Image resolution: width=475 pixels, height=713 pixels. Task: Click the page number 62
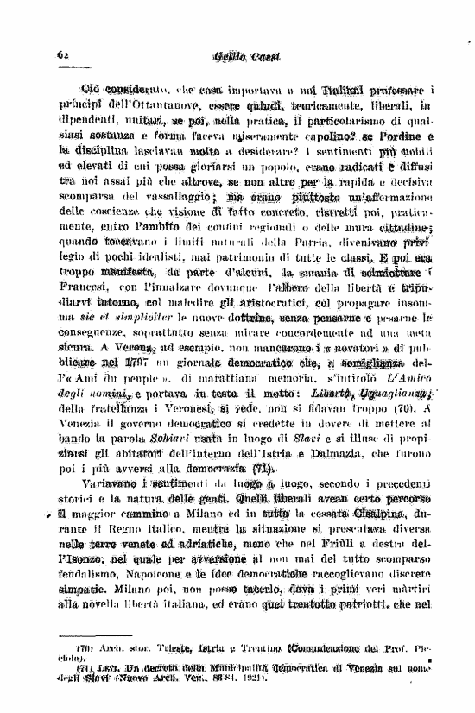61,53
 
